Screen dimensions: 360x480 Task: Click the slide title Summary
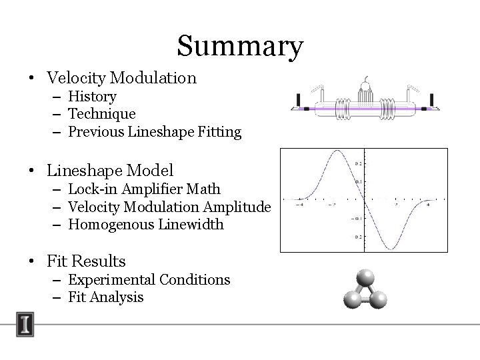click(x=240, y=47)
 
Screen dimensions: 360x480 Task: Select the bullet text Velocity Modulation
click(x=121, y=78)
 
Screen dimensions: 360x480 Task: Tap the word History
click(x=92, y=97)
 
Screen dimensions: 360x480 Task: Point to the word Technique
click(x=101, y=114)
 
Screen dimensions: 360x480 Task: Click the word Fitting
click(x=219, y=132)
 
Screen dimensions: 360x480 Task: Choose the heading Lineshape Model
click(x=110, y=171)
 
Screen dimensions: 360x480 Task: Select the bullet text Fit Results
click(x=86, y=261)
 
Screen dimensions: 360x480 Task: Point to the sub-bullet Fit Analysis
click(x=105, y=297)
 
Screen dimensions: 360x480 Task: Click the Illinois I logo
click(x=26, y=325)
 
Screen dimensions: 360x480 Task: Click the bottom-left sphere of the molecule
click(x=351, y=301)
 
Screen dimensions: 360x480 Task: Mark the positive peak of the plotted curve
click(x=337, y=153)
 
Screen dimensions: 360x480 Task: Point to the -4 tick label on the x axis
click(x=302, y=204)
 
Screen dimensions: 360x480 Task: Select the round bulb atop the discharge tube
click(x=365, y=85)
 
